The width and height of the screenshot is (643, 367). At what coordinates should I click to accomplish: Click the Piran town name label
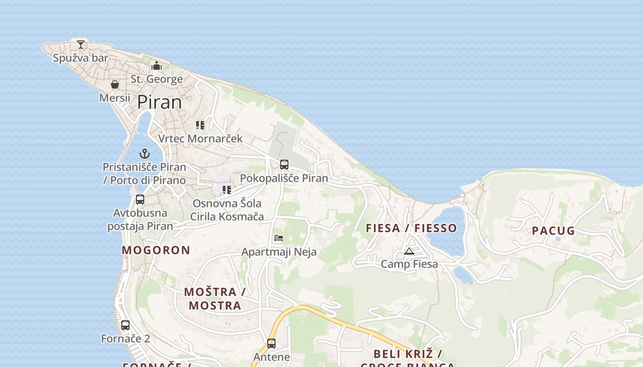point(159,102)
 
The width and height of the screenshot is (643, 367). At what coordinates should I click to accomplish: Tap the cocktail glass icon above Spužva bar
point(81,44)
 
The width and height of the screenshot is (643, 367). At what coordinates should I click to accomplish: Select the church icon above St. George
point(157,66)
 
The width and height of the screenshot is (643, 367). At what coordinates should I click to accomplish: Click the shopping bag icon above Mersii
point(115,84)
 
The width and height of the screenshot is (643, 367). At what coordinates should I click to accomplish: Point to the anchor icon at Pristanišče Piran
point(145,154)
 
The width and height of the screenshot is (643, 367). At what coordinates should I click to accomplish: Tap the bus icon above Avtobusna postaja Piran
point(140,200)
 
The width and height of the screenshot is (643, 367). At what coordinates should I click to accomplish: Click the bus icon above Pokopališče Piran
point(284,165)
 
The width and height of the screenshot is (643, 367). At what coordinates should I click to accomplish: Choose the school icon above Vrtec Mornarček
point(200,125)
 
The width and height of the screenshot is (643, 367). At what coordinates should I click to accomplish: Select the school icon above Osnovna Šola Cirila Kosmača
point(227,190)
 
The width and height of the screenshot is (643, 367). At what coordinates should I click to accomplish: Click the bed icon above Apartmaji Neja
point(279,238)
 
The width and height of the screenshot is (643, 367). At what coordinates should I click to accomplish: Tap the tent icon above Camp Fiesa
point(409,251)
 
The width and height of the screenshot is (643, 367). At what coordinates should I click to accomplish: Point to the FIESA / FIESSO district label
point(412,228)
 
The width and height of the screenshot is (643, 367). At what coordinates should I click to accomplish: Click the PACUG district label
point(553,231)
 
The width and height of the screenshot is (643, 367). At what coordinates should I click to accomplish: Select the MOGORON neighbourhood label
point(156,250)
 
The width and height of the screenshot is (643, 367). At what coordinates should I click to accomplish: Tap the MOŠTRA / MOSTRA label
point(215,298)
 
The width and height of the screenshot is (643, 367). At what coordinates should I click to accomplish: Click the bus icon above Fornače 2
point(125,325)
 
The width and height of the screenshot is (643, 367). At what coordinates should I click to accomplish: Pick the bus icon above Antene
point(271,344)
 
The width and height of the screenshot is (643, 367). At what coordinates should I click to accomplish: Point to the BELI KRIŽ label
point(407,354)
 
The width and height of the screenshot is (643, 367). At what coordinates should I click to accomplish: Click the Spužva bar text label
point(81,58)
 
